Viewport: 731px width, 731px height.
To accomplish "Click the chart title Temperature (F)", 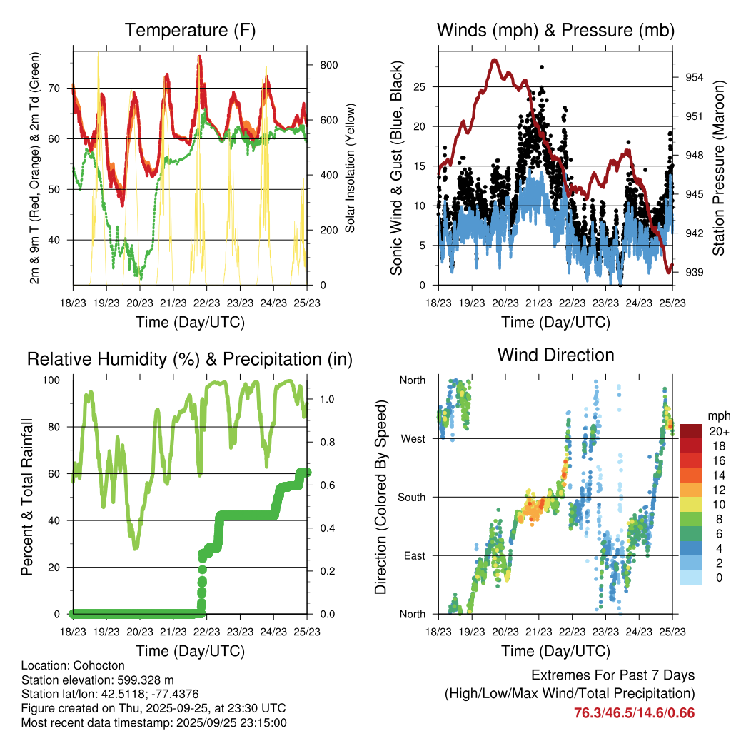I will tap(190, 30).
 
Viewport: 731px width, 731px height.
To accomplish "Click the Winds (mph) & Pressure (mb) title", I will tap(555, 30).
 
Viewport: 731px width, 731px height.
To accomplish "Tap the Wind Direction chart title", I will tap(555, 354).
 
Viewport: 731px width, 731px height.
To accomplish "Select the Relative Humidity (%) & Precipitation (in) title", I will tap(190, 359).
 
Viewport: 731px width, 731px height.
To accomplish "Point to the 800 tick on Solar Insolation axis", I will tap(328, 65).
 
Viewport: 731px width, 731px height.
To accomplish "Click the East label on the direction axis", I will tap(413, 555).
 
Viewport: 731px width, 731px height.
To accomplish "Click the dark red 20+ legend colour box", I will tap(692, 431).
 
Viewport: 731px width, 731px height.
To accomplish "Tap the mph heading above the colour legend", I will tap(717, 415).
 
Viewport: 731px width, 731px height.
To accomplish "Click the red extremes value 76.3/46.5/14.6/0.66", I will tap(634, 712).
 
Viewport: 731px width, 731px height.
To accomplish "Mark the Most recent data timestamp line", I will tap(153, 722).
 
